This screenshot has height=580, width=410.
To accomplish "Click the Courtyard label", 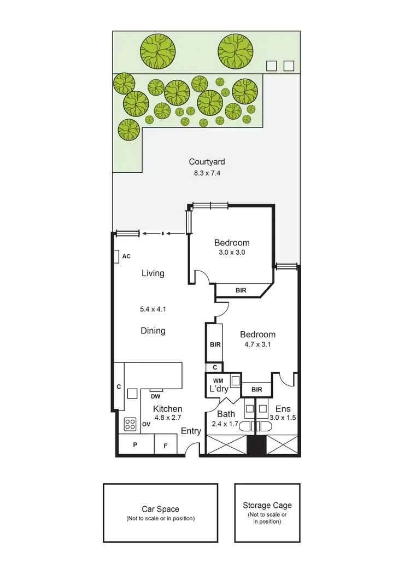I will click(x=207, y=162).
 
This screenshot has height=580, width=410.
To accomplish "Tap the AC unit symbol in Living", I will click(x=117, y=256).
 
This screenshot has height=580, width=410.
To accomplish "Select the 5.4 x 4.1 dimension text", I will click(x=153, y=309).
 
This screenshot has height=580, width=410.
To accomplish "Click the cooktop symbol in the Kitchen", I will click(x=130, y=424).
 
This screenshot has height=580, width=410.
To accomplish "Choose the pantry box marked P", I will click(x=135, y=445).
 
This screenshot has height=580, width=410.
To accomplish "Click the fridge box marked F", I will click(x=166, y=445).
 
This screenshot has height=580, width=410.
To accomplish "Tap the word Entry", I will click(x=191, y=431).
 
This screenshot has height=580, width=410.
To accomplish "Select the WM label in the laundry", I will click(x=217, y=380).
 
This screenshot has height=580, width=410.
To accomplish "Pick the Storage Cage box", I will click(x=267, y=512).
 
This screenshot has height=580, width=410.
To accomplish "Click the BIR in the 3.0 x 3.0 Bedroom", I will click(x=241, y=290).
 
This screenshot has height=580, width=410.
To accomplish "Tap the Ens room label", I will click(x=282, y=408).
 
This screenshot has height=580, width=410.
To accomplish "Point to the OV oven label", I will click(x=146, y=424).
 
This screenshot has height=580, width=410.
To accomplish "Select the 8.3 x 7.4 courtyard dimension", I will click(x=207, y=173).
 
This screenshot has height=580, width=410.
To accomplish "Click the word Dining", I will click(x=153, y=331).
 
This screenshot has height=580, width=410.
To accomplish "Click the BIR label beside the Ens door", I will click(x=256, y=389).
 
